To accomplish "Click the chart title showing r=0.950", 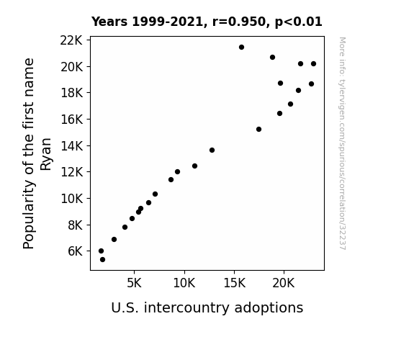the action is tap(207, 22).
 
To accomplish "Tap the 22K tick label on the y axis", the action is tap(71, 40).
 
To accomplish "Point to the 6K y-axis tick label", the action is tap(76, 251).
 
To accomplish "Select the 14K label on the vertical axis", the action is tap(71, 145).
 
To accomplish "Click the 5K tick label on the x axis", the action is tap(134, 283).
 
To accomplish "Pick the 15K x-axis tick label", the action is tap(234, 283).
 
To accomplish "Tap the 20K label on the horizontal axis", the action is tap(284, 283).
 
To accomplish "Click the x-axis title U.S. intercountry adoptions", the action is tap(207, 308).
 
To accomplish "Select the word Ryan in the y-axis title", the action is tap(45, 154).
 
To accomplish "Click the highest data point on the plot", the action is tap(241, 48).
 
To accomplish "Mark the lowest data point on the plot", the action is tap(102, 260).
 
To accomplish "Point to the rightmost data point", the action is tap(313, 63).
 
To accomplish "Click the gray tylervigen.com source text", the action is tap(343, 143).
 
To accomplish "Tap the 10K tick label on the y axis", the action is tap(71, 199).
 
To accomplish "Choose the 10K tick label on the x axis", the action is tap(184, 283).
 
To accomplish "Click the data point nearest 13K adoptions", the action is tap(212, 150).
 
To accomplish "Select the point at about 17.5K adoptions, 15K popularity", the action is tap(258, 129).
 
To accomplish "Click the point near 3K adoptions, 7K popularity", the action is tap(114, 239).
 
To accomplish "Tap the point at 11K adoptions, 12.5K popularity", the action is tap(194, 166).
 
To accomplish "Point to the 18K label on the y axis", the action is tap(71, 93).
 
